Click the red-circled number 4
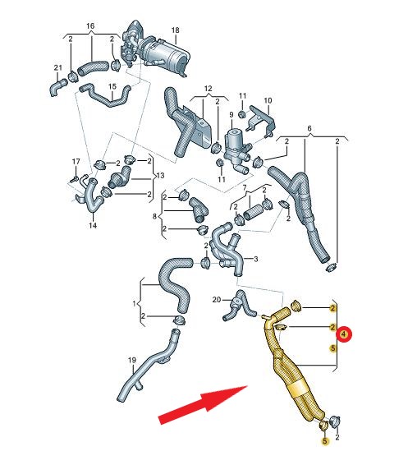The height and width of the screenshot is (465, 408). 343,334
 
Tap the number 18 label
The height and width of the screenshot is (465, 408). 176,30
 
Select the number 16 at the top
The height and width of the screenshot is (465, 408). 90,26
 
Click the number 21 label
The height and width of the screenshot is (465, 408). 58,67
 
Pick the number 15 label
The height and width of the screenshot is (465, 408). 112,86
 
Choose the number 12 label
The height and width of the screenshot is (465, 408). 209,89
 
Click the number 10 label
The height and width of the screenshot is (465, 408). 268,100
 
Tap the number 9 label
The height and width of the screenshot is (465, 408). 232,115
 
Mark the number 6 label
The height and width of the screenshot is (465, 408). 309,129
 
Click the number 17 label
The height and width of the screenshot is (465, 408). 76,162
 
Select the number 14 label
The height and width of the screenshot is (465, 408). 93,226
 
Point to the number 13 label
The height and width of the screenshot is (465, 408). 160,176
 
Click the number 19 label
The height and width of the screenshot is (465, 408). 132,360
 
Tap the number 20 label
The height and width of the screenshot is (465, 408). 217,300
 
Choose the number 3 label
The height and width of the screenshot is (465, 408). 255,259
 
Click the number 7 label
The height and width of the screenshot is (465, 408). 245,188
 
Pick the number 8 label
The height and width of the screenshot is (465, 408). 154,217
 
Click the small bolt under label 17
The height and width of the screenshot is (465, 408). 74,179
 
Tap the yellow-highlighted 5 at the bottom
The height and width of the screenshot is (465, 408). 325,441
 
